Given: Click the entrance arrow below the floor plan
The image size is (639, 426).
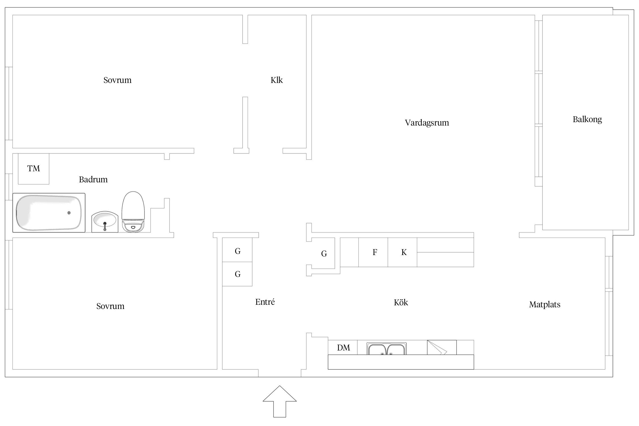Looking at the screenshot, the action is [279, 401].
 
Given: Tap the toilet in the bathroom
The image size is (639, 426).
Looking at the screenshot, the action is [133, 212].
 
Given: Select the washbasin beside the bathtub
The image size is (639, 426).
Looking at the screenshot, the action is [105, 222].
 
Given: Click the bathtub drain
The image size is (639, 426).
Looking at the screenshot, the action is [69, 213].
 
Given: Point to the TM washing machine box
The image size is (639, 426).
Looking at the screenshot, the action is [34, 169].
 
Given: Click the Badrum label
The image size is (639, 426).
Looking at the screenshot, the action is [93, 179].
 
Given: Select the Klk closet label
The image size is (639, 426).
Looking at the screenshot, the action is [277, 80].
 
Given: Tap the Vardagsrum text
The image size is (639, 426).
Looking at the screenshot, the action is [427, 123].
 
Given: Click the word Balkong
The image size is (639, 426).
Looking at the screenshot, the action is [587, 120].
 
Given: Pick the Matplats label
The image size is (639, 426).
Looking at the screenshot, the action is [545, 305].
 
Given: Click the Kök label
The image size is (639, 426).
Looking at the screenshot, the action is [401, 302].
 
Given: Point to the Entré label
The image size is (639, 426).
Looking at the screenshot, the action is [265, 302].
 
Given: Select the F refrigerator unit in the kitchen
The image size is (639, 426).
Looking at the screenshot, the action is [373, 252].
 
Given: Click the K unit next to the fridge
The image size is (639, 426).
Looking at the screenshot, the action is [402, 252].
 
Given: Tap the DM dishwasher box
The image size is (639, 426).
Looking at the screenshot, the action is [343, 347].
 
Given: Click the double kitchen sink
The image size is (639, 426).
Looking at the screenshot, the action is [387, 349].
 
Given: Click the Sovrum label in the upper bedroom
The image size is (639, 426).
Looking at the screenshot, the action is [117, 80].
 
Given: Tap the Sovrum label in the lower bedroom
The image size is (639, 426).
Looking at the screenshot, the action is [110, 306].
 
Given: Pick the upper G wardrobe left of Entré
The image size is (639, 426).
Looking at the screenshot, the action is [237, 250].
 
